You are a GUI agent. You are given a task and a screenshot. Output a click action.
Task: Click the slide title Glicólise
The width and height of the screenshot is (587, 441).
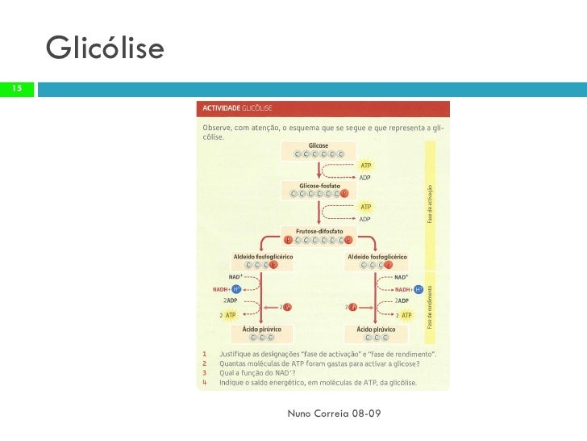click(105, 49)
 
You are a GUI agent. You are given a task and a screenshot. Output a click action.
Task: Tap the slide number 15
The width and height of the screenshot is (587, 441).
click(16, 88)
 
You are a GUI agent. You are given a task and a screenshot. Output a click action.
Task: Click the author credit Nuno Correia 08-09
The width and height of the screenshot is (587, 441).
click(334, 414)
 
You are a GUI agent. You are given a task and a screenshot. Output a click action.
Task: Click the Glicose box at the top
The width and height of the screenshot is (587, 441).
click(318, 150)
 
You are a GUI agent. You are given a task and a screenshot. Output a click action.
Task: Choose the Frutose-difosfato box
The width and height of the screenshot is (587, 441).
click(318, 235)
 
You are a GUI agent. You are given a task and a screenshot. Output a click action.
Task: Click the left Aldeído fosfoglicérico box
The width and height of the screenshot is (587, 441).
click(262, 260)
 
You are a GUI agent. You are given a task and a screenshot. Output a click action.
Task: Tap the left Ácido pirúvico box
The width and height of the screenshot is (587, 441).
click(262, 333)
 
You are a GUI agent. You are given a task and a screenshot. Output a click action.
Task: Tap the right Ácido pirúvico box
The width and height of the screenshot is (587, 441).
click(376, 333)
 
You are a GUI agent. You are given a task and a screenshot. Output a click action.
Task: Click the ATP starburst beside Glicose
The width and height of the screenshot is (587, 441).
click(365, 166)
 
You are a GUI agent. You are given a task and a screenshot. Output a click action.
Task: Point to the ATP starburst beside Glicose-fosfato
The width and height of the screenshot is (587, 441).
click(365, 207)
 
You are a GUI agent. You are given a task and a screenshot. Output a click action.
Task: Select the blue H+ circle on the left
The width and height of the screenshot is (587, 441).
click(236, 289)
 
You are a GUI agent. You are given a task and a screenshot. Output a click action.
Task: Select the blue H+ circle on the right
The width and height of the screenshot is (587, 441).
click(418, 289)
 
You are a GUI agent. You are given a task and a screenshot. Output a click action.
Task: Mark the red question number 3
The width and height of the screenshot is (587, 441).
click(205, 372)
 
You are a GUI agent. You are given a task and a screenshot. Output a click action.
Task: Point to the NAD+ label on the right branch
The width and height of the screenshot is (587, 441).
click(401, 277)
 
